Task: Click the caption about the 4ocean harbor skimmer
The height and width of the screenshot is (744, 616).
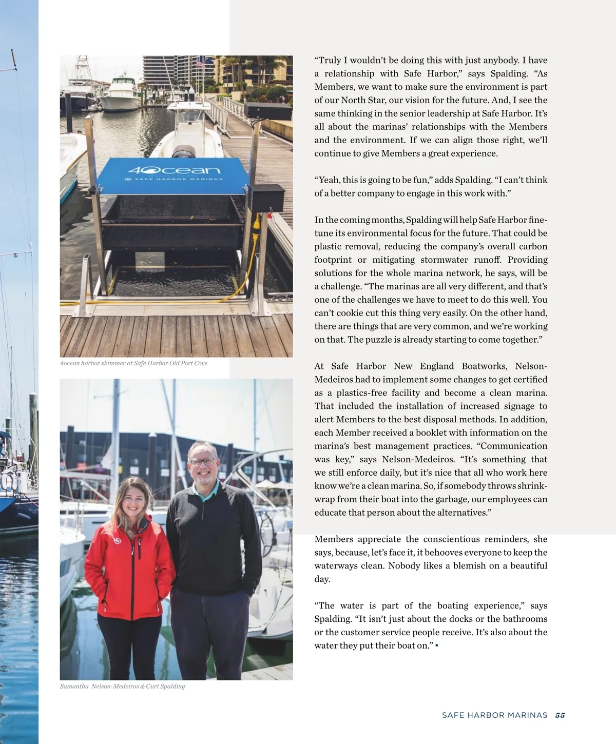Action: [134, 363]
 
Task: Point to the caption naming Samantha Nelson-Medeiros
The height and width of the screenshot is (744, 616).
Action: [122, 686]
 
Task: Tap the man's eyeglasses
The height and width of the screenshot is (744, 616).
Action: [203, 462]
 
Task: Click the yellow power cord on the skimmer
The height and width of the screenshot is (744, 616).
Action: [255, 241]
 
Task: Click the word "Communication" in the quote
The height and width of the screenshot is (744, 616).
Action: [513, 446]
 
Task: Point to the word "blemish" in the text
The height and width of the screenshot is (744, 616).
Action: [468, 565]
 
